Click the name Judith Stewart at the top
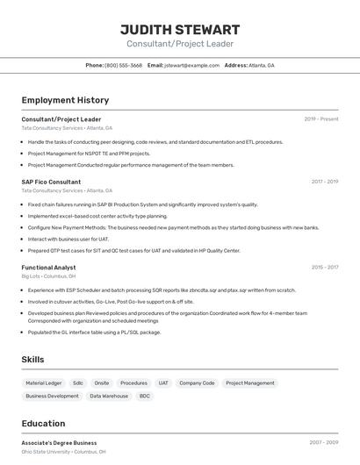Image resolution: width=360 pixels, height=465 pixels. coord(179,29)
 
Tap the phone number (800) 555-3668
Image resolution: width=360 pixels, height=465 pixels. coord(123,65)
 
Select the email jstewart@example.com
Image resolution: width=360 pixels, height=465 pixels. coord(191,65)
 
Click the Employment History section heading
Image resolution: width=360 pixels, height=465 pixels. coord(65,100)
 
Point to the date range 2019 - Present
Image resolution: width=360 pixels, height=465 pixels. coord(320,118)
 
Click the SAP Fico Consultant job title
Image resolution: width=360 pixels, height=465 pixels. coord(51,182)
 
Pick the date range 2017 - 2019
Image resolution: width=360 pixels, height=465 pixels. coord(324,182)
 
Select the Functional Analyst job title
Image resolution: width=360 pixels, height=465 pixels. coord(48,267)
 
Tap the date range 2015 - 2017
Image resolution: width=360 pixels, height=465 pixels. coord(324,267)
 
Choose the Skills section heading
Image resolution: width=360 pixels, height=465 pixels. coord(33,360)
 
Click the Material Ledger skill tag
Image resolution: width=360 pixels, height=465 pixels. coord(44,383)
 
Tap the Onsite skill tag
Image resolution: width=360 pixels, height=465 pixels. coord(102,383)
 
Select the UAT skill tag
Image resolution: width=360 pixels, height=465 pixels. coord(163,383)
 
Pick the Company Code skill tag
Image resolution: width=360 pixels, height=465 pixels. coord(197,383)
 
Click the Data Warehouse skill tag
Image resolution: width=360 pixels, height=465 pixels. coord(109,397)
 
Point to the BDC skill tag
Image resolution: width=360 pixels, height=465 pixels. coord(144,397)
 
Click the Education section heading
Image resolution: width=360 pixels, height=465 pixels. coord(43,424)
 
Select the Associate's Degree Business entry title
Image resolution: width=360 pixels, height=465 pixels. coord(59,443)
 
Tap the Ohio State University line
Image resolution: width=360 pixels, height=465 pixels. coord(63,452)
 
